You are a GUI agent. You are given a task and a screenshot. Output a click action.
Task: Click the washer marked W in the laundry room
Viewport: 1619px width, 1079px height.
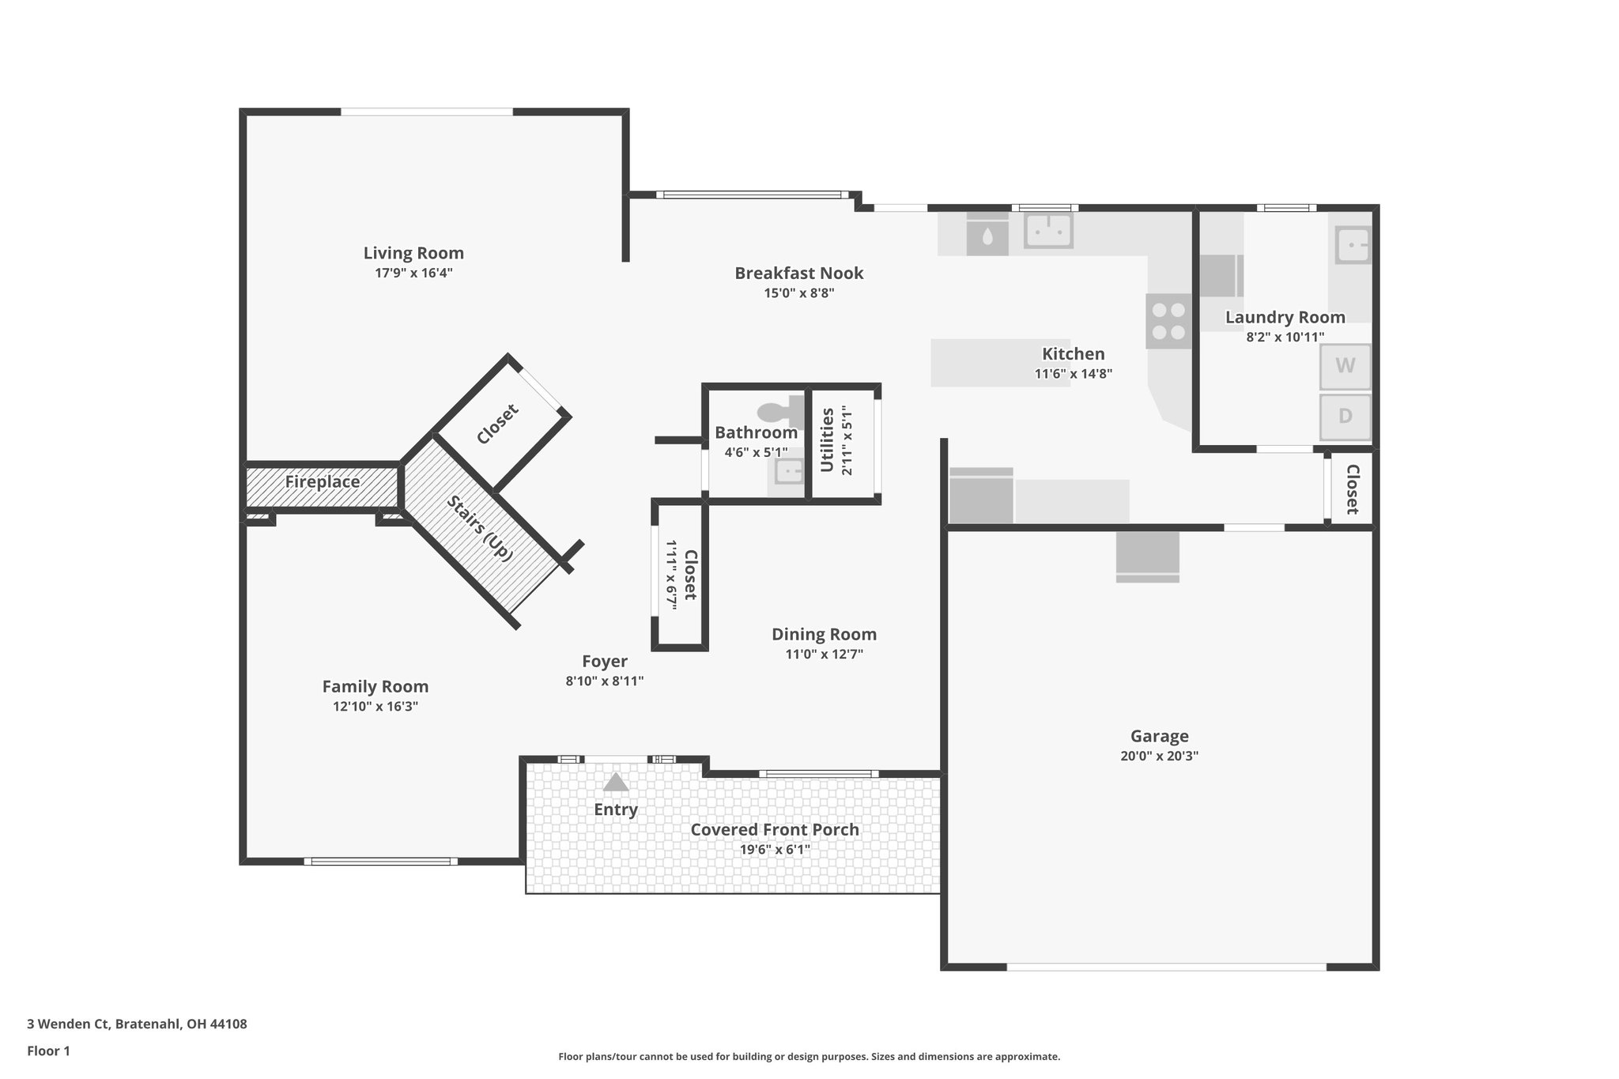(x=1345, y=366)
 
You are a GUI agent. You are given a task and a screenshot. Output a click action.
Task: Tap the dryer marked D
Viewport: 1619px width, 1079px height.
(x=1345, y=416)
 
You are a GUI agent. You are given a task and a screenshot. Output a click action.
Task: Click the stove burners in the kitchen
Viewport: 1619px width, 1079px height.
(x=1168, y=321)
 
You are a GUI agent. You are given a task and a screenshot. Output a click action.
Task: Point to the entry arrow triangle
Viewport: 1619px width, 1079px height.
(x=615, y=783)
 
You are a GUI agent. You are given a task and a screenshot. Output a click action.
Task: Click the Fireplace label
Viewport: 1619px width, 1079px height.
(x=322, y=481)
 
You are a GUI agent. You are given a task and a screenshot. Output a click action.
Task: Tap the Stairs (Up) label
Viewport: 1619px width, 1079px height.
(x=480, y=528)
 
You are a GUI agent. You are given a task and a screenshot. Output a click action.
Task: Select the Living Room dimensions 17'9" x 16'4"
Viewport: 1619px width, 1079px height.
(x=413, y=274)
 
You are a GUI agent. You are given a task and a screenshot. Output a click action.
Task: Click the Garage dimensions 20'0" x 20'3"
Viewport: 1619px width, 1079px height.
(x=1159, y=756)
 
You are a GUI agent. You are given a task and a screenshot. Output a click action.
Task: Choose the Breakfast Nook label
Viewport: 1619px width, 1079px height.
(x=798, y=274)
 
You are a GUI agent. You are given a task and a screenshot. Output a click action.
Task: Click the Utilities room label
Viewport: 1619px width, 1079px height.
(x=827, y=440)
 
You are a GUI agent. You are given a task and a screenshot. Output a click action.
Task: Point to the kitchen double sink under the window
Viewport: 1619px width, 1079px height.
(x=1048, y=231)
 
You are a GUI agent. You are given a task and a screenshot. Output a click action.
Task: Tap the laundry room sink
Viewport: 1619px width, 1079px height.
(x=1353, y=244)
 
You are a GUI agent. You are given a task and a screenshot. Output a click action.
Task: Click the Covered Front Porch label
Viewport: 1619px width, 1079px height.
(x=774, y=829)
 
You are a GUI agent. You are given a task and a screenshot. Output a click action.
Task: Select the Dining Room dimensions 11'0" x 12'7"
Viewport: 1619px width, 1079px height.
(x=824, y=655)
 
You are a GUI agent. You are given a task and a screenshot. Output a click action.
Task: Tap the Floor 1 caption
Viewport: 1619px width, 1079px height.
(x=48, y=1051)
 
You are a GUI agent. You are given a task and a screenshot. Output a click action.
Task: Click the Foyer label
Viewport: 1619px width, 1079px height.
(x=604, y=662)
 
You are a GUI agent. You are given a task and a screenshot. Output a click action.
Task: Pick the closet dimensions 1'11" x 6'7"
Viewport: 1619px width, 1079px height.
(x=671, y=574)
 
